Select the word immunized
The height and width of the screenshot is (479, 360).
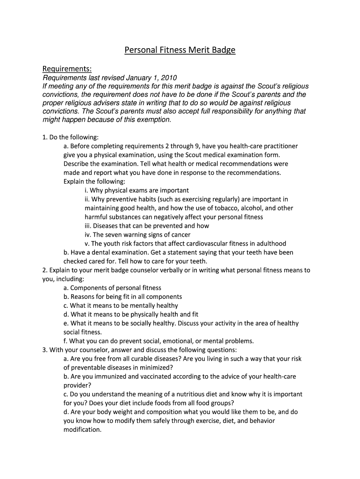pyautogui.click(x=114, y=377)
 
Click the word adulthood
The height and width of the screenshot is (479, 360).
pyautogui.click(x=270, y=244)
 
